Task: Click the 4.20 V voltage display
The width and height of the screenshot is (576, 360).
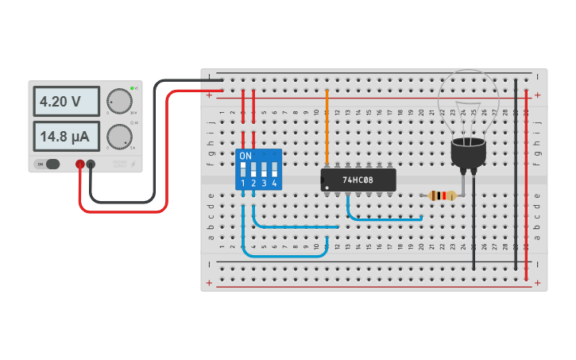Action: tap(66, 102)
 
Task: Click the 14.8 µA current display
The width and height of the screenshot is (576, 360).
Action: tap(66, 136)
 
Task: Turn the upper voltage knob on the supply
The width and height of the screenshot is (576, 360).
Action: tap(119, 101)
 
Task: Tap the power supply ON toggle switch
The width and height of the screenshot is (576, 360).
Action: tap(49, 165)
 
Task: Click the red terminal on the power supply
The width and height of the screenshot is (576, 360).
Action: tap(80, 165)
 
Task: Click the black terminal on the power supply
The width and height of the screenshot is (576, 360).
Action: tap(91, 165)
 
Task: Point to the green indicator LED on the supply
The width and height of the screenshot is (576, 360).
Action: tap(134, 87)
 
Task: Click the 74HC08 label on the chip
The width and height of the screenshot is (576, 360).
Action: tap(358, 180)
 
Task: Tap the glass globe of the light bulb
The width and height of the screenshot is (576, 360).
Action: tap(469, 103)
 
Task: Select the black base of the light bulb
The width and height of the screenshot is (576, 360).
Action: tap(468, 154)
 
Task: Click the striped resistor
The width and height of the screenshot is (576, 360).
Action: tap(442, 195)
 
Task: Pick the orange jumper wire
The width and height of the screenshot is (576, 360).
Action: tap(327, 127)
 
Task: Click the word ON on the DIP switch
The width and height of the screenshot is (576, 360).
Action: tap(245, 156)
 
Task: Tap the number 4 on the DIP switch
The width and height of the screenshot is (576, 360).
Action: tap(274, 184)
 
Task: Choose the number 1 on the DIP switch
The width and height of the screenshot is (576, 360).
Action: tap(244, 184)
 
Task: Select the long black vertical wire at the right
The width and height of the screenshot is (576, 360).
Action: tap(516, 175)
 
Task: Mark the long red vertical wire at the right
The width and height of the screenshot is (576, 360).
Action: tap(526, 183)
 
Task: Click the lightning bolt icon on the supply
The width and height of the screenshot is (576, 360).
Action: tap(132, 164)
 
